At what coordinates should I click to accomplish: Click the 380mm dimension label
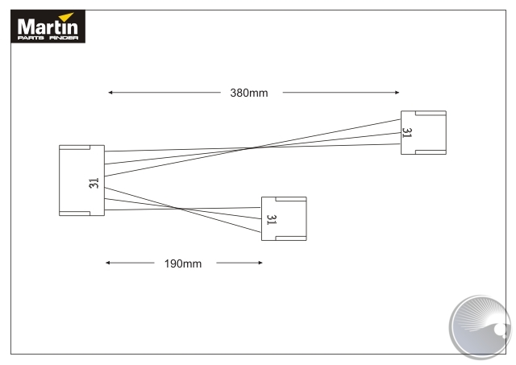[x=249, y=93]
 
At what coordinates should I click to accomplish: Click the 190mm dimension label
[x=183, y=263]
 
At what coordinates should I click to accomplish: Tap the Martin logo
[x=48, y=27]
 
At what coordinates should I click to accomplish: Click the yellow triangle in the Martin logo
[x=66, y=17]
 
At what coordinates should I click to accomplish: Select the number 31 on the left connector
[x=94, y=183]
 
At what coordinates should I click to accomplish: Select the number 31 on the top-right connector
[x=407, y=133]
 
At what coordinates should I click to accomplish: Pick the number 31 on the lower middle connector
[x=272, y=220]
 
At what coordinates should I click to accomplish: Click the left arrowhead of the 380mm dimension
[x=110, y=93]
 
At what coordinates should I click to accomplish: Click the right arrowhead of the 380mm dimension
[x=397, y=93]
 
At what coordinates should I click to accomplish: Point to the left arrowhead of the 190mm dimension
[x=108, y=263]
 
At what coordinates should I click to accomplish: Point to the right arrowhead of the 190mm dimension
[x=260, y=263]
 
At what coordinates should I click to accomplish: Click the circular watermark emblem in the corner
[x=481, y=326]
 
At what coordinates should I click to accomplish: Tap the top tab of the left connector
[x=75, y=147]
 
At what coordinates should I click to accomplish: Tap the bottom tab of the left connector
[x=75, y=214]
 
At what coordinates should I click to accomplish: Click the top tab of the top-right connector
[x=431, y=113]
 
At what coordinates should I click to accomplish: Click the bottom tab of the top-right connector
[x=431, y=152]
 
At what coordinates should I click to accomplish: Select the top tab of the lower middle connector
[x=291, y=199]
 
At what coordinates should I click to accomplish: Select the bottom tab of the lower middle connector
[x=291, y=238]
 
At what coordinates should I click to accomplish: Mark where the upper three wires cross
[x=253, y=148]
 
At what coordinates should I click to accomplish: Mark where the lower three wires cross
[x=177, y=209]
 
